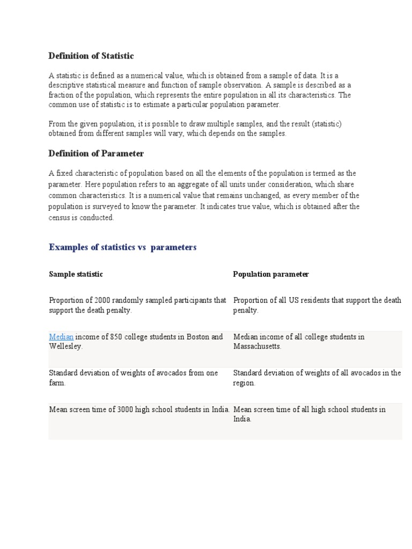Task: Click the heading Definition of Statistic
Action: tap(91, 56)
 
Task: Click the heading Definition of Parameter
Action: tap(96, 153)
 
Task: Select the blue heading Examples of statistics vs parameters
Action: tap(122, 247)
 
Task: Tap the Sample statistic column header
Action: tap(76, 274)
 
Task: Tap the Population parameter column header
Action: tap(271, 274)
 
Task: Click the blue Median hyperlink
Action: tap(61, 337)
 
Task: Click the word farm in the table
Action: tap(56, 383)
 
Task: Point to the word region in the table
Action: tap(244, 383)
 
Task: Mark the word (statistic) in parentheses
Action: tap(323, 124)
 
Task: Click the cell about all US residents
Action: tap(317, 305)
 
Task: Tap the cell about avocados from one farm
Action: tap(133, 377)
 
